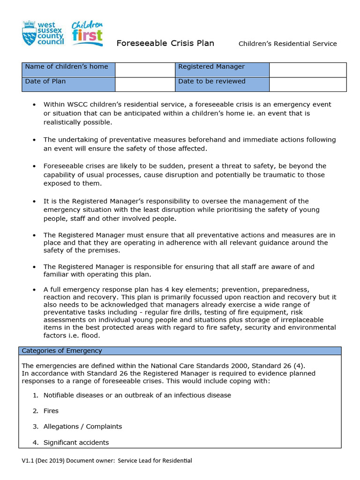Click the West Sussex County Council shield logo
pos(29,32)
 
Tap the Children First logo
pos(87,33)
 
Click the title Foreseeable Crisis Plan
pos(165,44)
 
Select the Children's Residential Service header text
pos(287,44)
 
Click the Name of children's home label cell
pos(68,70)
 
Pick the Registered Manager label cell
pos(222,70)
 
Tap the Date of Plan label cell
pos(68,84)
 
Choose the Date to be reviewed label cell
pos(222,84)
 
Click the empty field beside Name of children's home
pos(145,70)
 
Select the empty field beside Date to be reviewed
pos(307,84)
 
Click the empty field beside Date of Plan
pos(145,84)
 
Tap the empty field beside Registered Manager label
pos(307,70)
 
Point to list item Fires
pos(51,411)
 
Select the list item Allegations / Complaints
pos(82,427)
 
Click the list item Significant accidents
pos(76,442)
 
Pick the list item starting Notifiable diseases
pos(137,395)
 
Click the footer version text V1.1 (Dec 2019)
pos(43,461)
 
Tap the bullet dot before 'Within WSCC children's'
pos(34,105)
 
